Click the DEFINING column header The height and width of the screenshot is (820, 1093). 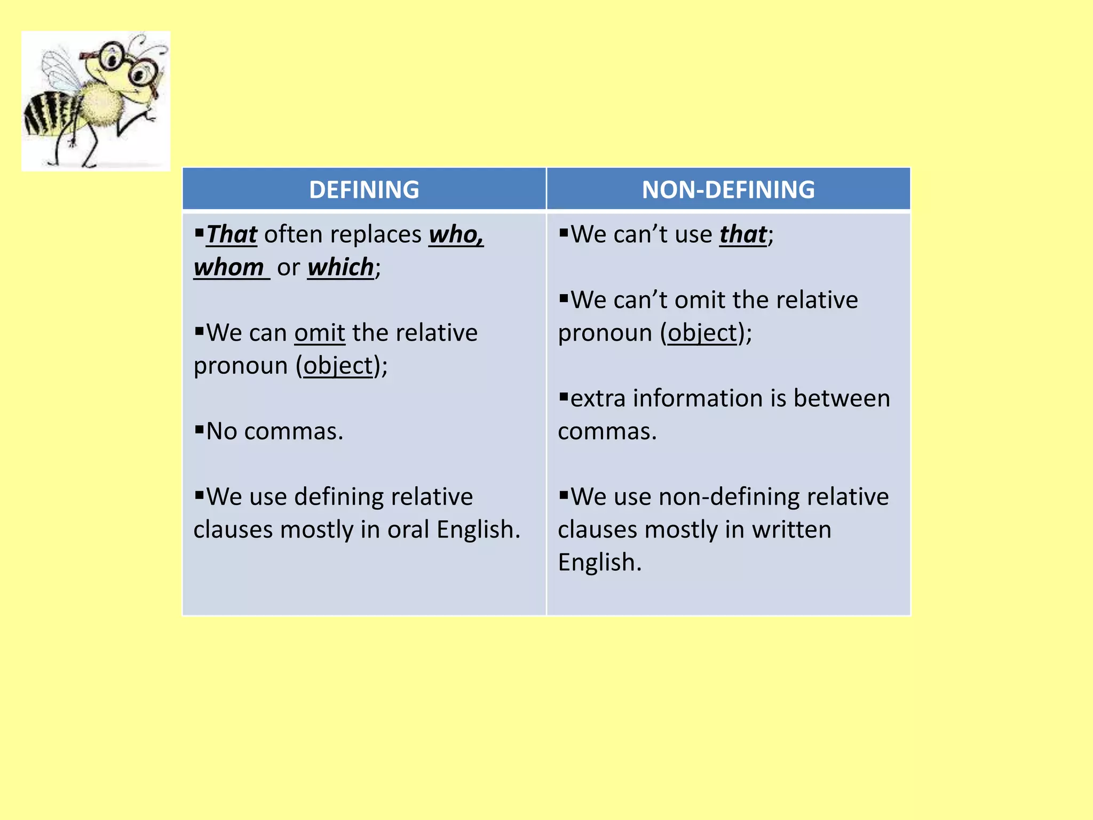coord(364,190)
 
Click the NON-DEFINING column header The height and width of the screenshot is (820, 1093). coord(728,190)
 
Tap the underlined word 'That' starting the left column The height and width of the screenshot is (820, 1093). coord(232,235)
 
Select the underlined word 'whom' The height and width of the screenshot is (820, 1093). coord(229,267)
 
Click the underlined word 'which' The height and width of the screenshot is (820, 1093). coord(340,267)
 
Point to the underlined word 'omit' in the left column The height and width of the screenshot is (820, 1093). coord(320,333)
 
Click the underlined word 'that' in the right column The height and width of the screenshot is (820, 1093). coord(743,235)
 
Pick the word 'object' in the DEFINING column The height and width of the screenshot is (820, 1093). coord(338,366)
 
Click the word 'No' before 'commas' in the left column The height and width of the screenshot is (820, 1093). coord(221,431)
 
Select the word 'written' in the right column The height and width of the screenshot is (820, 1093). coord(791,530)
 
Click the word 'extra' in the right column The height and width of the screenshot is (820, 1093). coord(598,399)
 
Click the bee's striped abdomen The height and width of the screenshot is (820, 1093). coord(48,115)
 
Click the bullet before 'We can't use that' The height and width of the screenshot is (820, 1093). coord(564,232)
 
